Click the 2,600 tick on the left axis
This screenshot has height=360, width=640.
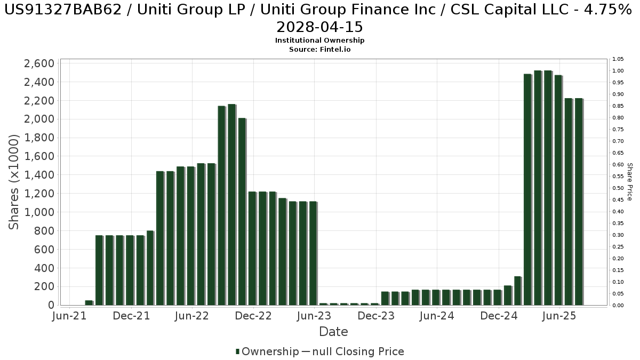[x=39, y=64]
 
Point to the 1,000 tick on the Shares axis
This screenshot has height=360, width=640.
[x=39, y=212]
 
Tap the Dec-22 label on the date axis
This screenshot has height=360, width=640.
[x=254, y=316]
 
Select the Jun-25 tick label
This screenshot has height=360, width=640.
[x=559, y=316]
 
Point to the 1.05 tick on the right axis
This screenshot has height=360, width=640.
[x=618, y=59]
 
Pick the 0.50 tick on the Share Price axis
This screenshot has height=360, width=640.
[x=618, y=188]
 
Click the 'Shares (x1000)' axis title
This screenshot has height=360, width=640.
[x=14, y=182]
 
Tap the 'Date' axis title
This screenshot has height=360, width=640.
[x=333, y=332]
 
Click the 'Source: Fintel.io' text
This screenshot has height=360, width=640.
[x=320, y=49]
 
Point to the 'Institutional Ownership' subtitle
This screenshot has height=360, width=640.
[x=320, y=41]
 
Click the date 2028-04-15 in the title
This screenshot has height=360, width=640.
[x=320, y=27]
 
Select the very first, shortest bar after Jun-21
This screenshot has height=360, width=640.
[x=89, y=302]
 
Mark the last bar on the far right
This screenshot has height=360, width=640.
[x=578, y=202]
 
